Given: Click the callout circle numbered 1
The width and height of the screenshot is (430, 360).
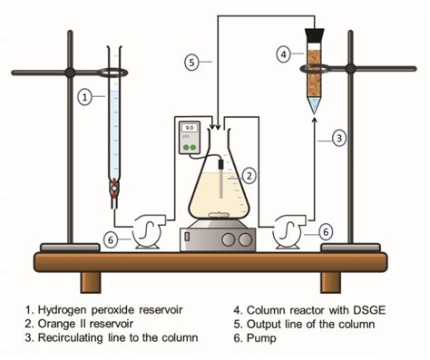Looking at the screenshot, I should point(84,94).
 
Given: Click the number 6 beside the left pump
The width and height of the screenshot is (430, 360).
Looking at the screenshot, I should point(110,239).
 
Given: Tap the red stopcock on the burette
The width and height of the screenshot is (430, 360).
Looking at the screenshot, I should point(114,190).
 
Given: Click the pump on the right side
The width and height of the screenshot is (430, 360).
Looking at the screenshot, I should point(289,231).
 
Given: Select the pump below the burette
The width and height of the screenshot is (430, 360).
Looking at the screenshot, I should point(147,232).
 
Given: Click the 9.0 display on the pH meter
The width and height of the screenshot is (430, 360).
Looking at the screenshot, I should point(189,128).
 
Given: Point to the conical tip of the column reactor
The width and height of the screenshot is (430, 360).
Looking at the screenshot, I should point(313,106).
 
